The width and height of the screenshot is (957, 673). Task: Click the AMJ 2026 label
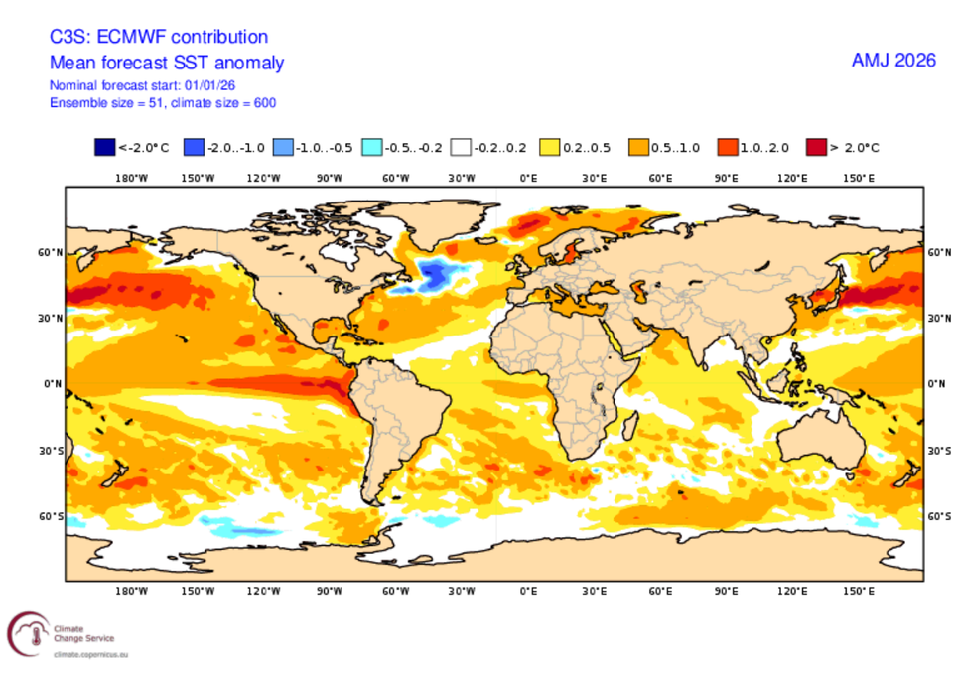click(x=893, y=61)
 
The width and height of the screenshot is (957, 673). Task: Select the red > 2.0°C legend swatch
click(x=817, y=148)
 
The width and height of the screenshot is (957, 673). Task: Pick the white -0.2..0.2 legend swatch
click(x=460, y=148)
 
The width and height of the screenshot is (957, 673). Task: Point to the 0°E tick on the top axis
click(x=528, y=179)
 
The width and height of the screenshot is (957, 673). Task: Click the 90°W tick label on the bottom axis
click(x=330, y=591)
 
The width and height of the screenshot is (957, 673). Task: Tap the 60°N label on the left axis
click(x=51, y=253)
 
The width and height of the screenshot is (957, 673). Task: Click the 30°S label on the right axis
click(x=936, y=450)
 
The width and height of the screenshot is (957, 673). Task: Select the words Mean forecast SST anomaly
click(x=167, y=64)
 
